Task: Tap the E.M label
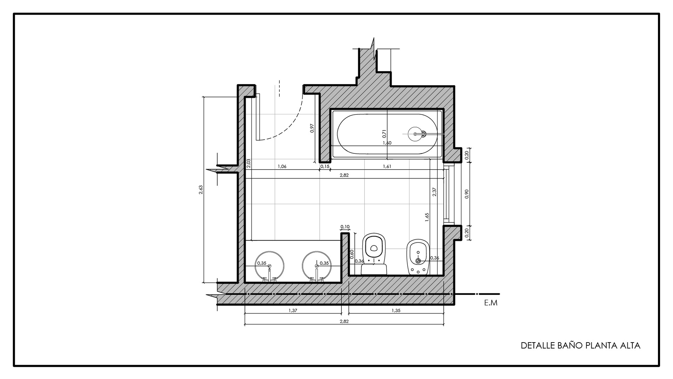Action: (491, 303)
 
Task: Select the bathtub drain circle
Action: (416, 134)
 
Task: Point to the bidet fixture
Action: (417, 258)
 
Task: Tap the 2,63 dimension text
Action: (200, 190)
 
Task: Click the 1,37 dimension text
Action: (293, 310)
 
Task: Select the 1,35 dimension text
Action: (396, 310)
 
